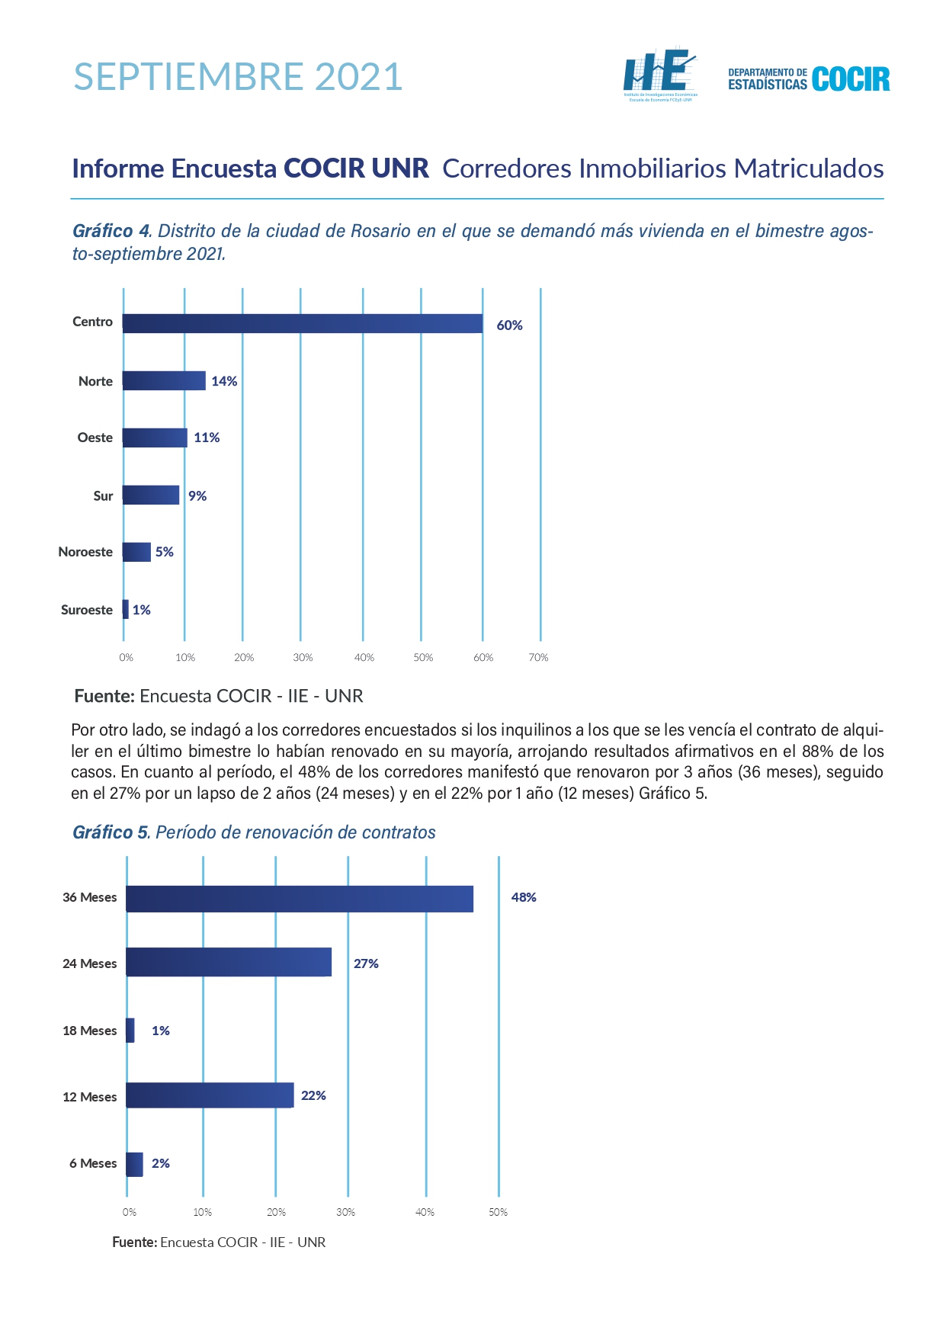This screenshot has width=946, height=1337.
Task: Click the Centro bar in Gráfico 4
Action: [303, 323]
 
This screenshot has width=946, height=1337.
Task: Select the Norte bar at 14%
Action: [164, 380]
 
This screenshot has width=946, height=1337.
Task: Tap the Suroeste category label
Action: [87, 610]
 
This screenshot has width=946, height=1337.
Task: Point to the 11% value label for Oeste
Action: [207, 438]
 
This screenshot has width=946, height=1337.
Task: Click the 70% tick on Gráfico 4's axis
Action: [538, 657]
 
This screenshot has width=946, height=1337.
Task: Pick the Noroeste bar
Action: [136, 552]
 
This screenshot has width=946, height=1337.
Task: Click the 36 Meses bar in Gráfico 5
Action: [300, 899]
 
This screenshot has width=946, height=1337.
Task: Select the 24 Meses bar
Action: [229, 962]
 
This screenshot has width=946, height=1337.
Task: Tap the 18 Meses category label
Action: [90, 1031]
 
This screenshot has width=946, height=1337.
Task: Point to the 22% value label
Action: [313, 1095]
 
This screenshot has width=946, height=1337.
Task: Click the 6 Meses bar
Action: [134, 1164]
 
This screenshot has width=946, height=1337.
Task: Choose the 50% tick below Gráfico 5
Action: [498, 1212]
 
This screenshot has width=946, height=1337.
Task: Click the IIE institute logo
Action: [660, 75]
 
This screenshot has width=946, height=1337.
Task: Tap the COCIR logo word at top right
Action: [851, 79]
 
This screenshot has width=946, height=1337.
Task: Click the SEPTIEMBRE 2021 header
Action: [239, 77]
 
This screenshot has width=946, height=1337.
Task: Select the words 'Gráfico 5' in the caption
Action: [111, 832]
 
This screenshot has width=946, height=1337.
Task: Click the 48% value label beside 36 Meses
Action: [524, 897]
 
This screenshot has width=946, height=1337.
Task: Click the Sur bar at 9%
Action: [151, 495]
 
